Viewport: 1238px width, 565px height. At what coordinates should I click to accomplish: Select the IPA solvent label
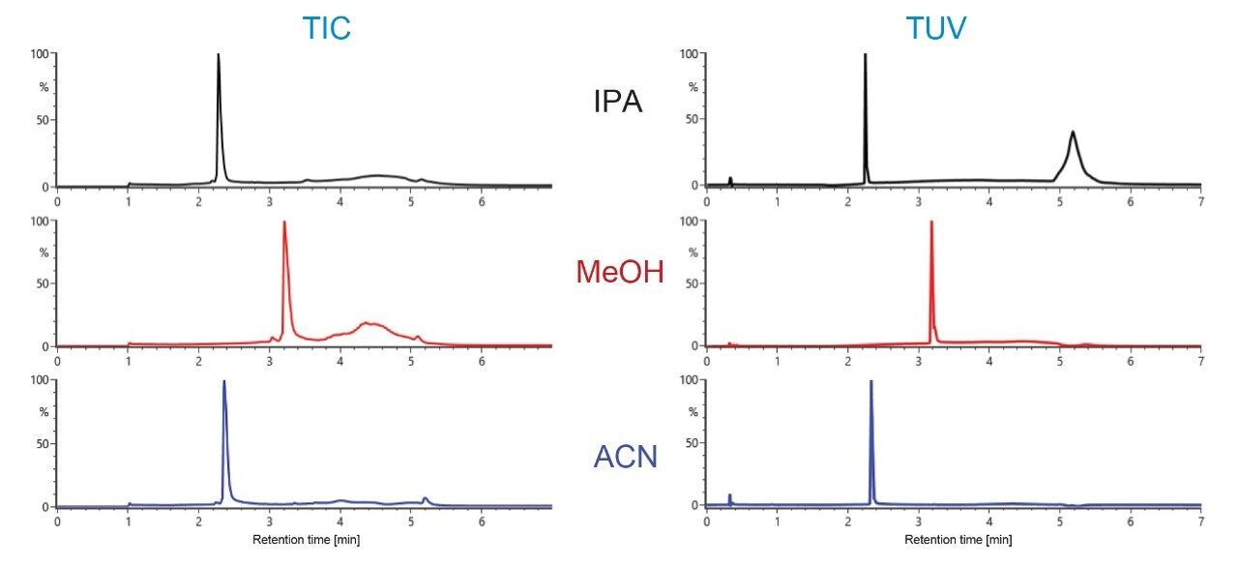[617, 102]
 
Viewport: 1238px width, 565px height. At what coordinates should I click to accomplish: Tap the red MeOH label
[620, 272]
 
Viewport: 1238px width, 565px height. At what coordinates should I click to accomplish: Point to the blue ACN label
[621, 454]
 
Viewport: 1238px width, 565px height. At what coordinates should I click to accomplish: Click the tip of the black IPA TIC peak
[219, 55]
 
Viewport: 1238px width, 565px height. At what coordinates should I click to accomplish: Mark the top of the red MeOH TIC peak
[283, 223]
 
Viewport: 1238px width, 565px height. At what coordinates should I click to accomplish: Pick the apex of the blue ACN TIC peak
[224, 381]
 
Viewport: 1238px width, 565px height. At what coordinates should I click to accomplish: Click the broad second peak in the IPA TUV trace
[1073, 133]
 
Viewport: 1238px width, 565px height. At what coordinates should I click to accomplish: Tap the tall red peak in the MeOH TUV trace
[930, 223]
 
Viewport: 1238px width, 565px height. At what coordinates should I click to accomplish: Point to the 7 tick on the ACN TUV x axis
[1200, 520]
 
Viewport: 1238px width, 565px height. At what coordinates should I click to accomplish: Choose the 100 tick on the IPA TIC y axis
[41, 54]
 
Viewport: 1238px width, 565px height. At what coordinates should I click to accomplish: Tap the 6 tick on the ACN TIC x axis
[482, 520]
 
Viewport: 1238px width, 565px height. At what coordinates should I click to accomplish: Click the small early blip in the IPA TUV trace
[730, 180]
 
